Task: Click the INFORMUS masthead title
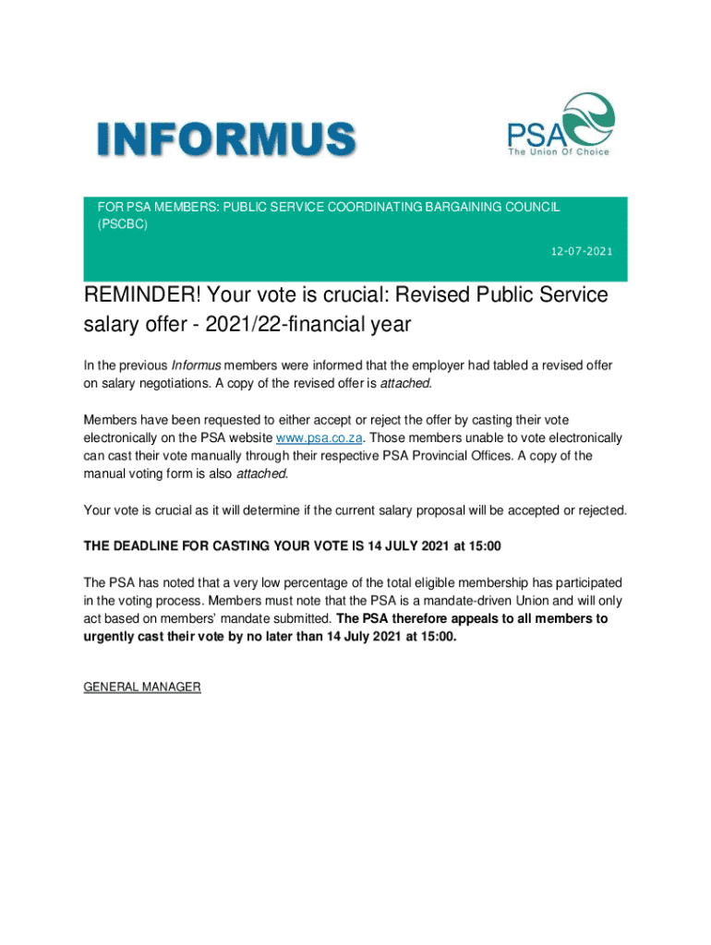click(226, 141)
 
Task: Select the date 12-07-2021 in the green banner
click(581, 251)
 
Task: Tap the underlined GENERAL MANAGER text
click(142, 688)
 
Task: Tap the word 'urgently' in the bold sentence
click(111, 637)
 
